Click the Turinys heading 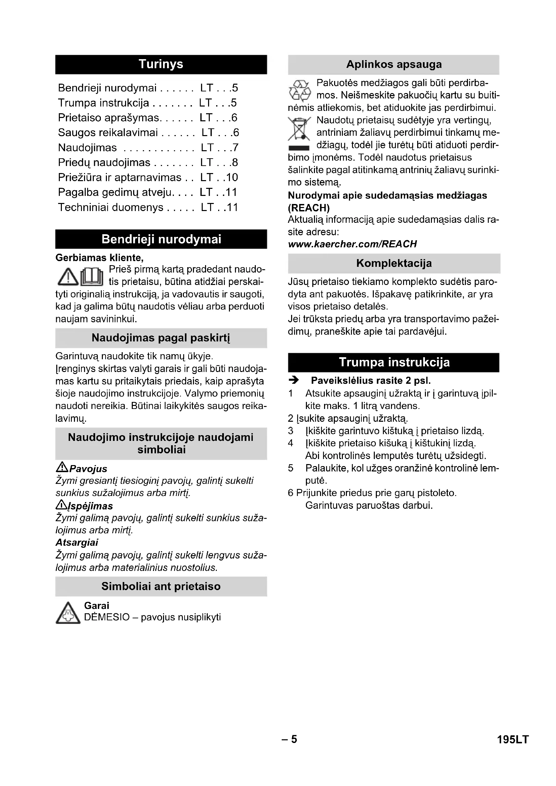tap(161, 65)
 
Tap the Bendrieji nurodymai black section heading tap(161, 239)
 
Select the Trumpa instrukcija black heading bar tap(394, 362)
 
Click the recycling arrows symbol tap(300, 91)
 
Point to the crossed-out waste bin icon tap(299, 129)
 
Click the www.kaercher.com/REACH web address tap(352, 244)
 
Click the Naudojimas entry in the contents tap(88, 148)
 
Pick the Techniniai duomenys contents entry tap(111, 207)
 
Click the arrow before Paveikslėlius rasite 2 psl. tap(294, 380)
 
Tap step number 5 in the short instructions tap(291, 468)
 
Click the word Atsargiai tap(77, 543)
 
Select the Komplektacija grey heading tap(394, 263)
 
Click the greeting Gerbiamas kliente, tap(99, 257)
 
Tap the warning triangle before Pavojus tap(62, 467)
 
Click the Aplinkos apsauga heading tap(394, 65)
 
